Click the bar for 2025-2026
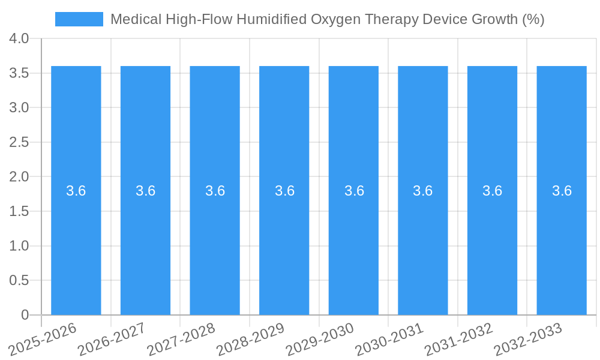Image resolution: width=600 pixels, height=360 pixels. [x=76, y=240]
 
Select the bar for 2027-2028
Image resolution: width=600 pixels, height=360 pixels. [x=215, y=240]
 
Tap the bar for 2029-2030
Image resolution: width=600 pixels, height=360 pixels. [x=353, y=240]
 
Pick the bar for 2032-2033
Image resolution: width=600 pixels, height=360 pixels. [x=562, y=240]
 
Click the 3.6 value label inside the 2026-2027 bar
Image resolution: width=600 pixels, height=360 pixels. [x=145, y=191]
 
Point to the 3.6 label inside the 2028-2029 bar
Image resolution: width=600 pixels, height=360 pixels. [x=284, y=191]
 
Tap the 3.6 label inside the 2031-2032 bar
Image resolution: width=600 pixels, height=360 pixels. [x=492, y=191]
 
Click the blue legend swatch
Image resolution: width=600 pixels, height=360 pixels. [x=79, y=19]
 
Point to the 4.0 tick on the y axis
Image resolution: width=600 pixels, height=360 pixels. [x=19, y=38]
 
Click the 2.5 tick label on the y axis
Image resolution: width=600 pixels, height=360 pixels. [x=19, y=142]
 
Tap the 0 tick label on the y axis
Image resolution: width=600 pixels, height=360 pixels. [x=25, y=315]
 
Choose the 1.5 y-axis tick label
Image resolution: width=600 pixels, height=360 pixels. [x=19, y=211]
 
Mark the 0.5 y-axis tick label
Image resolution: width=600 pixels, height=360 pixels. [x=19, y=280]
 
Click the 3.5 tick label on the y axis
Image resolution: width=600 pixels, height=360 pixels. [x=19, y=73]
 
